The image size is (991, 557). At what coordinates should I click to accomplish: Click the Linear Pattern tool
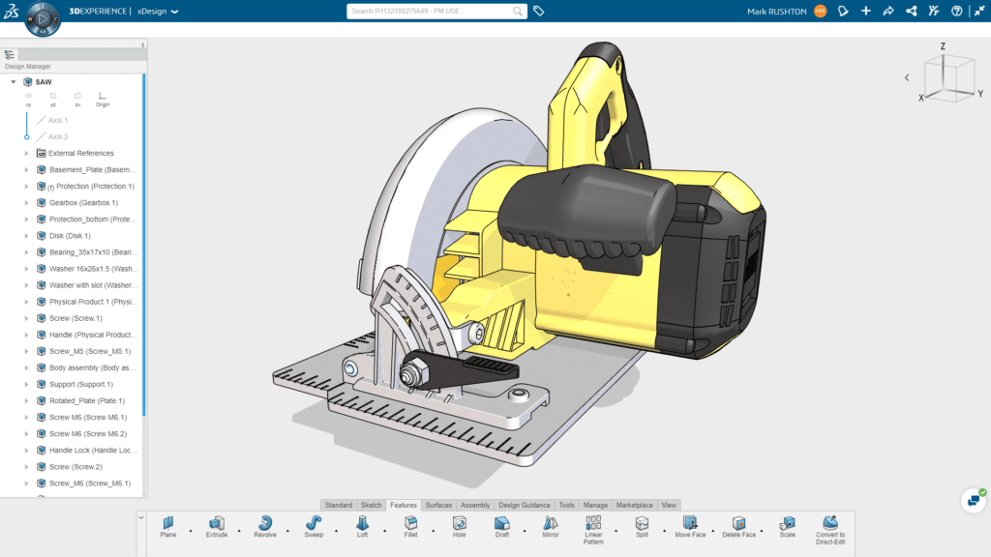[593, 524]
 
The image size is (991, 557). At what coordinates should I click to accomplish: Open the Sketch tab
[371, 505]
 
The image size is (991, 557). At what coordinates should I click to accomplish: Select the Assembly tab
[475, 505]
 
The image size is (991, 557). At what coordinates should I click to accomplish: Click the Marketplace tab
[634, 505]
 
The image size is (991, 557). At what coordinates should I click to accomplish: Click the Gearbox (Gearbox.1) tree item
[83, 203]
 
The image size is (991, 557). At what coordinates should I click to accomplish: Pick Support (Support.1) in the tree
[81, 384]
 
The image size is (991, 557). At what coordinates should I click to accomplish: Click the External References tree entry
[80, 153]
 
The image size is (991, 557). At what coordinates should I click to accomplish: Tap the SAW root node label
[44, 82]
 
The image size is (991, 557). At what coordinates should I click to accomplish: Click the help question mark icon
[956, 12]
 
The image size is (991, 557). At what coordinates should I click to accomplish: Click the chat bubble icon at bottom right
[973, 501]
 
